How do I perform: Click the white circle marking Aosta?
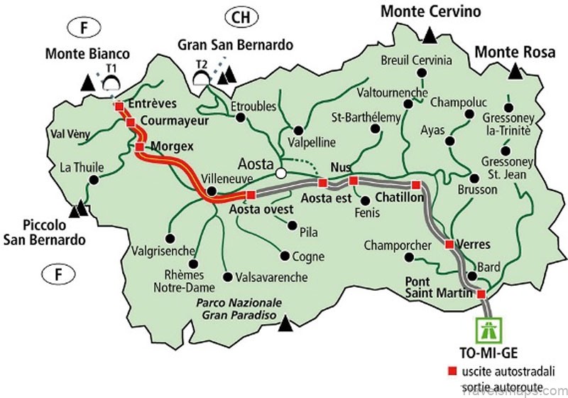(281, 173)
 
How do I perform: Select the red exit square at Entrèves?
(119, 106)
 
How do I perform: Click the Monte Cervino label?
(431, 11)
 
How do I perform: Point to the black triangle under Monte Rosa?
(515, 71)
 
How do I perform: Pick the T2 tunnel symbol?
(202, 76)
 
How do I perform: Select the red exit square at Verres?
(449, 244)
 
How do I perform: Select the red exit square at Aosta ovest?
(250, 194)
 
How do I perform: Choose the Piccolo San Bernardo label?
(45, 232)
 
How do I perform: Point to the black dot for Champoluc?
(469, 113)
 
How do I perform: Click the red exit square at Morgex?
(140, 147)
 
